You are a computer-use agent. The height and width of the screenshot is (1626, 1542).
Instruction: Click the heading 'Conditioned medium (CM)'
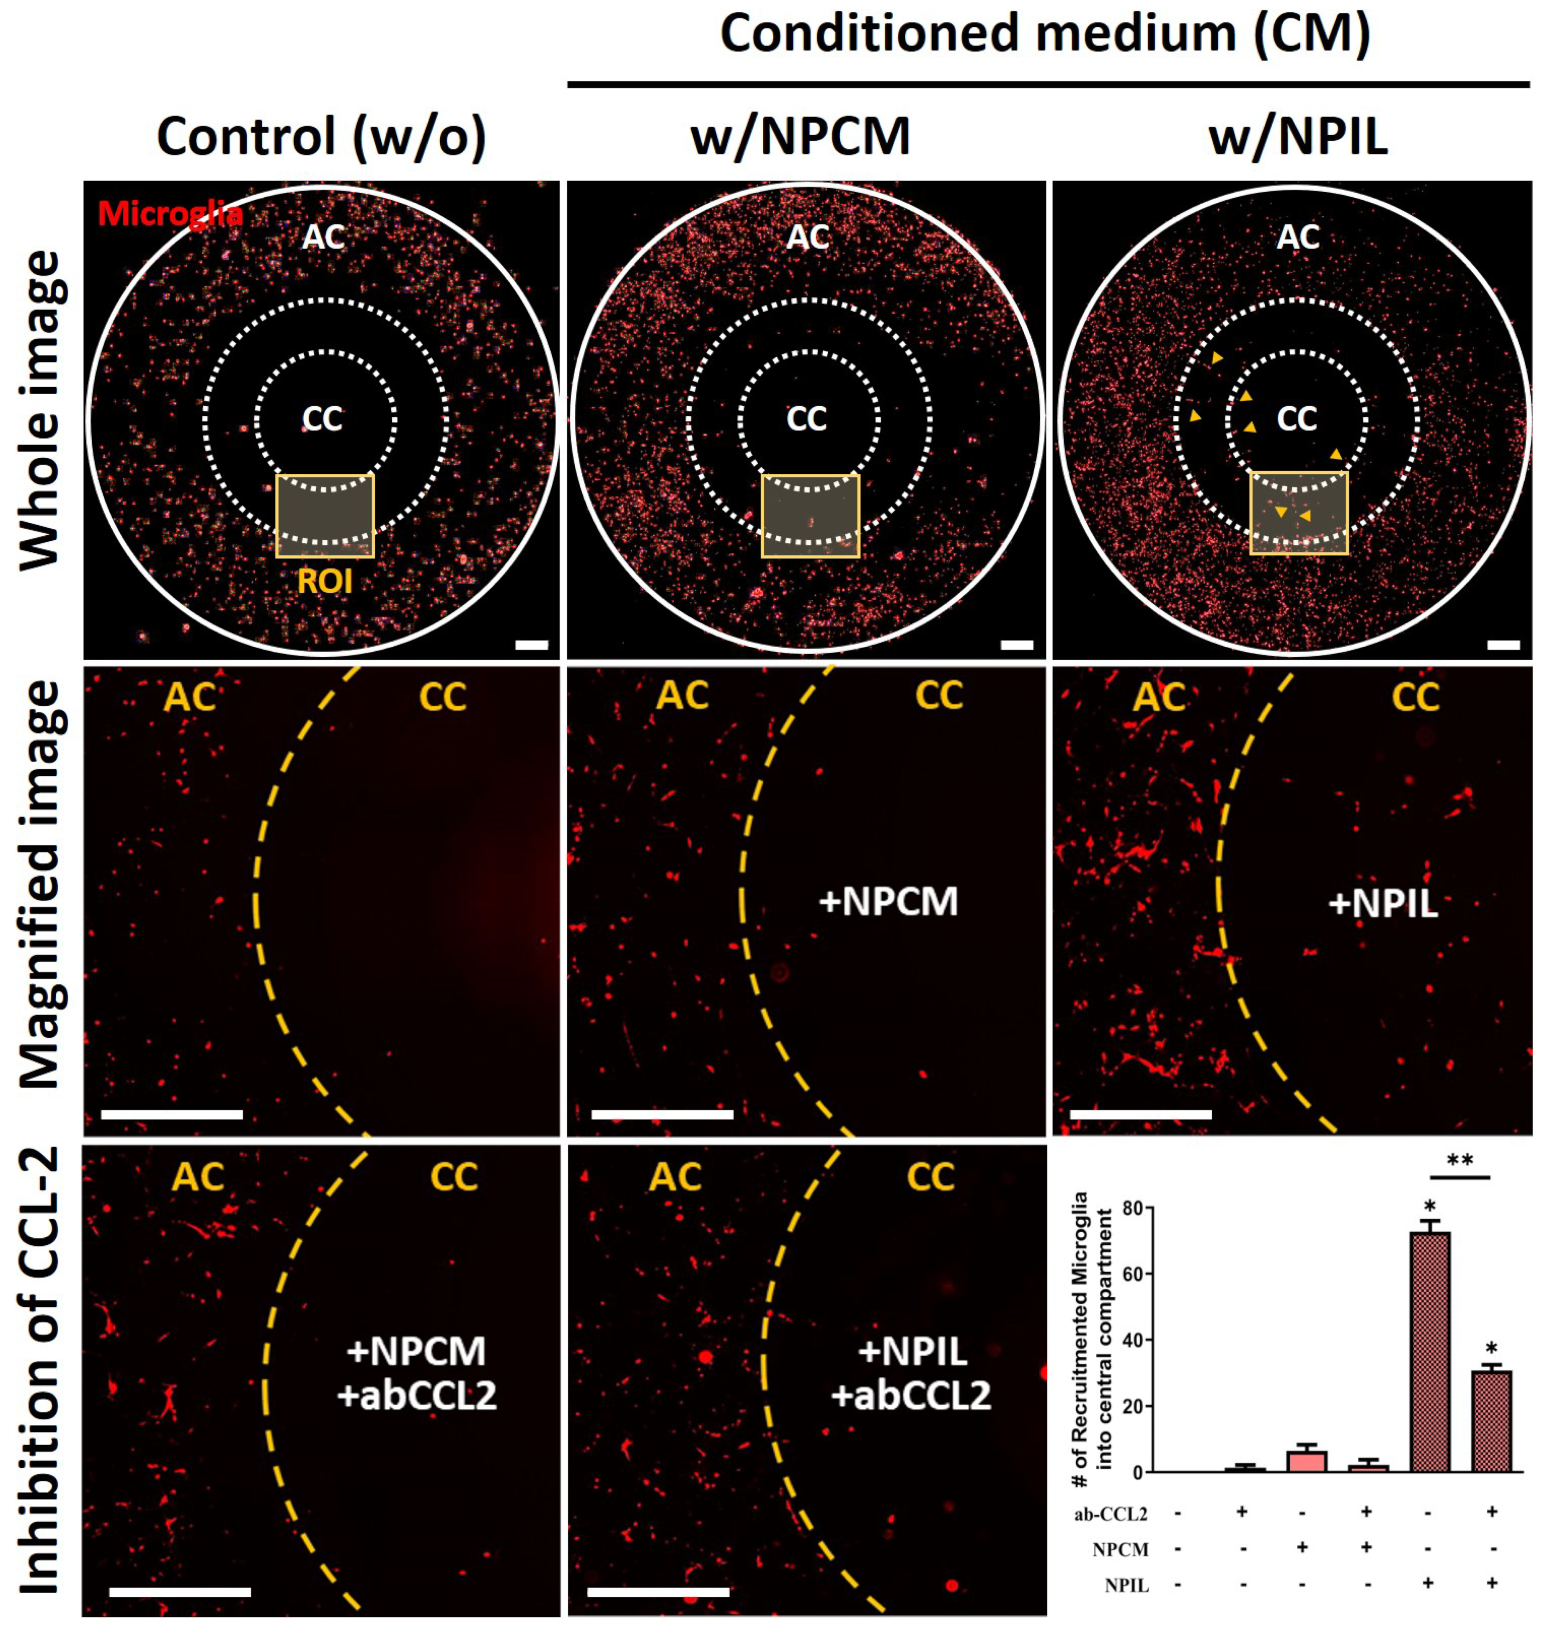pyautogui.click(x=1046, y=34)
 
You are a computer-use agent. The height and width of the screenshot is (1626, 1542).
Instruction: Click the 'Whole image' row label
pyautogui.click(x=39, y=411)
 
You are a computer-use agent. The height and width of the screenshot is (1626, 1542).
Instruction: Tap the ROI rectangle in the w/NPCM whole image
pyautogui.click(x=811, y=516)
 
